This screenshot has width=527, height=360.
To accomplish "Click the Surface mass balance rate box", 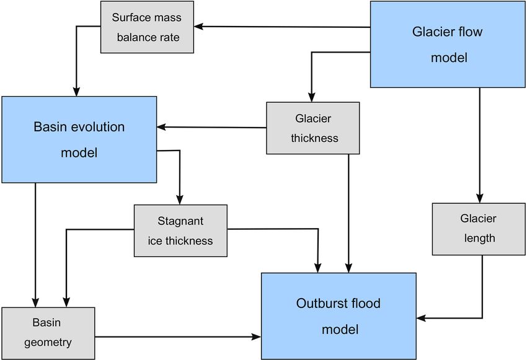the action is click(147, 27).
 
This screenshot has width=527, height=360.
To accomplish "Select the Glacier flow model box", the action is click(448, 45).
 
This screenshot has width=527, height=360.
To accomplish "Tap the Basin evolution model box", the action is click(79, 139).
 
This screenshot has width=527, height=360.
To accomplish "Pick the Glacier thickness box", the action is click(313, 128).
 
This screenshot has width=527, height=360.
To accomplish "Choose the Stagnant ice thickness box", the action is click(180, 231).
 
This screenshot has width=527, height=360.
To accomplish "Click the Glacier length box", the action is click(479, 229).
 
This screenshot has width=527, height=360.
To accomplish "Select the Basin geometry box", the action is click(48, 333).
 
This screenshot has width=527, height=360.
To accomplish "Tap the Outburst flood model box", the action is click(339, 316).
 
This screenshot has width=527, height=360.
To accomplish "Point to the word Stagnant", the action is click(180, 221).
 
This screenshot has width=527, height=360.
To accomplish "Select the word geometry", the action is click(48, 343).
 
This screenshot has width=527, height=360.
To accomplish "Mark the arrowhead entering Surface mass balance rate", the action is click(198, 26).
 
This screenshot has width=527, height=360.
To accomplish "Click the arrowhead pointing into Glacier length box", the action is click(480, 198).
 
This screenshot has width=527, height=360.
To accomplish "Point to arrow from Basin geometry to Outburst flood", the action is click(178, 336).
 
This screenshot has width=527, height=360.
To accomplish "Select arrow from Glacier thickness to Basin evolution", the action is click(211, 127).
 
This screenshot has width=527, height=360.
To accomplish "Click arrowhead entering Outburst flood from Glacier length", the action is click(421, 318).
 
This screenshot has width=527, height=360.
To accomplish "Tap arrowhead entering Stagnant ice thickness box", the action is click(179, 200).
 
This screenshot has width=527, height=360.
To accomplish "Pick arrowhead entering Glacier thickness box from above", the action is click(312, 97).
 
